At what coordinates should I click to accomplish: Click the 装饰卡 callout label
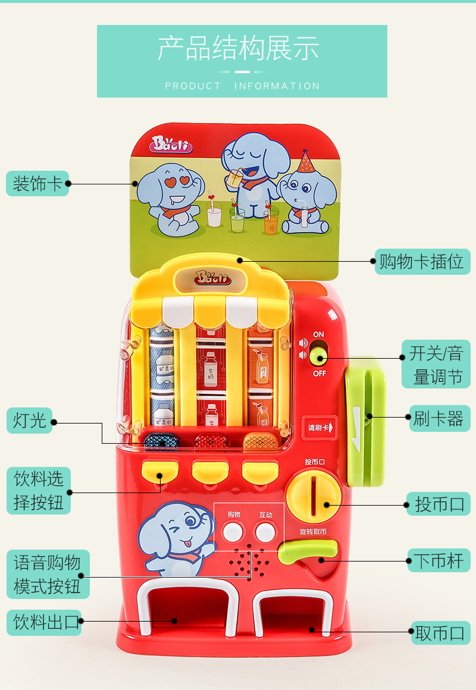click(37, 183)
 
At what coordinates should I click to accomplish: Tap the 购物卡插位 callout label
click(422, 261)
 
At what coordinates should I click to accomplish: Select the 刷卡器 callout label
click(439, 418)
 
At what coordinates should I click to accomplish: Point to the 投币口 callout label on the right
click(439, 504)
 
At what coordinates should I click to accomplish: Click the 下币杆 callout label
click(439, 560)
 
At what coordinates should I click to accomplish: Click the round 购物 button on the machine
click(233, 531)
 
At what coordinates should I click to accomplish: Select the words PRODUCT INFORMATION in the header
click(242, 86)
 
